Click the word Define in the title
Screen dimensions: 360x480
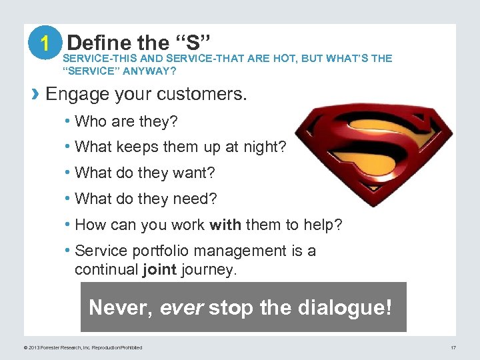point(99,43)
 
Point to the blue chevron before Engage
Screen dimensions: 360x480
point(37,94)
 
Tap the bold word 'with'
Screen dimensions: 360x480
point(225,225)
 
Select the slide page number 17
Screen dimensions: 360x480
point(453,347)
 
